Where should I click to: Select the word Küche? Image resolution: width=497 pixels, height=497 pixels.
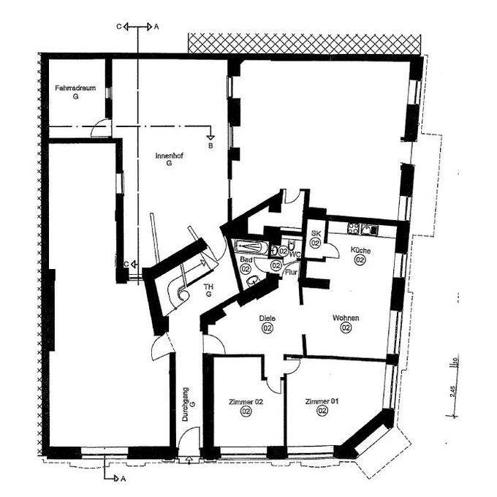pos(360,250)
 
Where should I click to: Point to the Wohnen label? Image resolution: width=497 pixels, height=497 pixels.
pos(346,319)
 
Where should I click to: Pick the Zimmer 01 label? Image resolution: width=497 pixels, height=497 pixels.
pos(322,401)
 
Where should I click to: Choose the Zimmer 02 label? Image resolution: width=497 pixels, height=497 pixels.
pos(245,402)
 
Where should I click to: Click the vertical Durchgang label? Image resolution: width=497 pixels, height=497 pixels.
pos(186,405)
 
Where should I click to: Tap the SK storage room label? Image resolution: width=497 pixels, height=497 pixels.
pos(316,233)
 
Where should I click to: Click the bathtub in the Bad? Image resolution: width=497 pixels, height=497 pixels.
pos(251,247)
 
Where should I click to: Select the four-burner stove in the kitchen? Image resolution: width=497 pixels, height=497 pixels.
pos(356,229)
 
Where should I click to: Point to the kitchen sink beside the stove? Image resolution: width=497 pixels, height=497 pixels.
pos(373,229)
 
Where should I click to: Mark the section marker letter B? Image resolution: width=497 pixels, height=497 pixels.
pos(210,145)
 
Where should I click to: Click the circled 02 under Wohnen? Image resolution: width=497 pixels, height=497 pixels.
pos(346,329)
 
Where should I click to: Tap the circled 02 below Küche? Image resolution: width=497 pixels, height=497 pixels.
pos(360,260)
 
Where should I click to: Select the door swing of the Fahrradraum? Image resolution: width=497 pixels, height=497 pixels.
pos(102,131)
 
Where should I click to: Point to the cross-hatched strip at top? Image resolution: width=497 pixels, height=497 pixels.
pos(306,42)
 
